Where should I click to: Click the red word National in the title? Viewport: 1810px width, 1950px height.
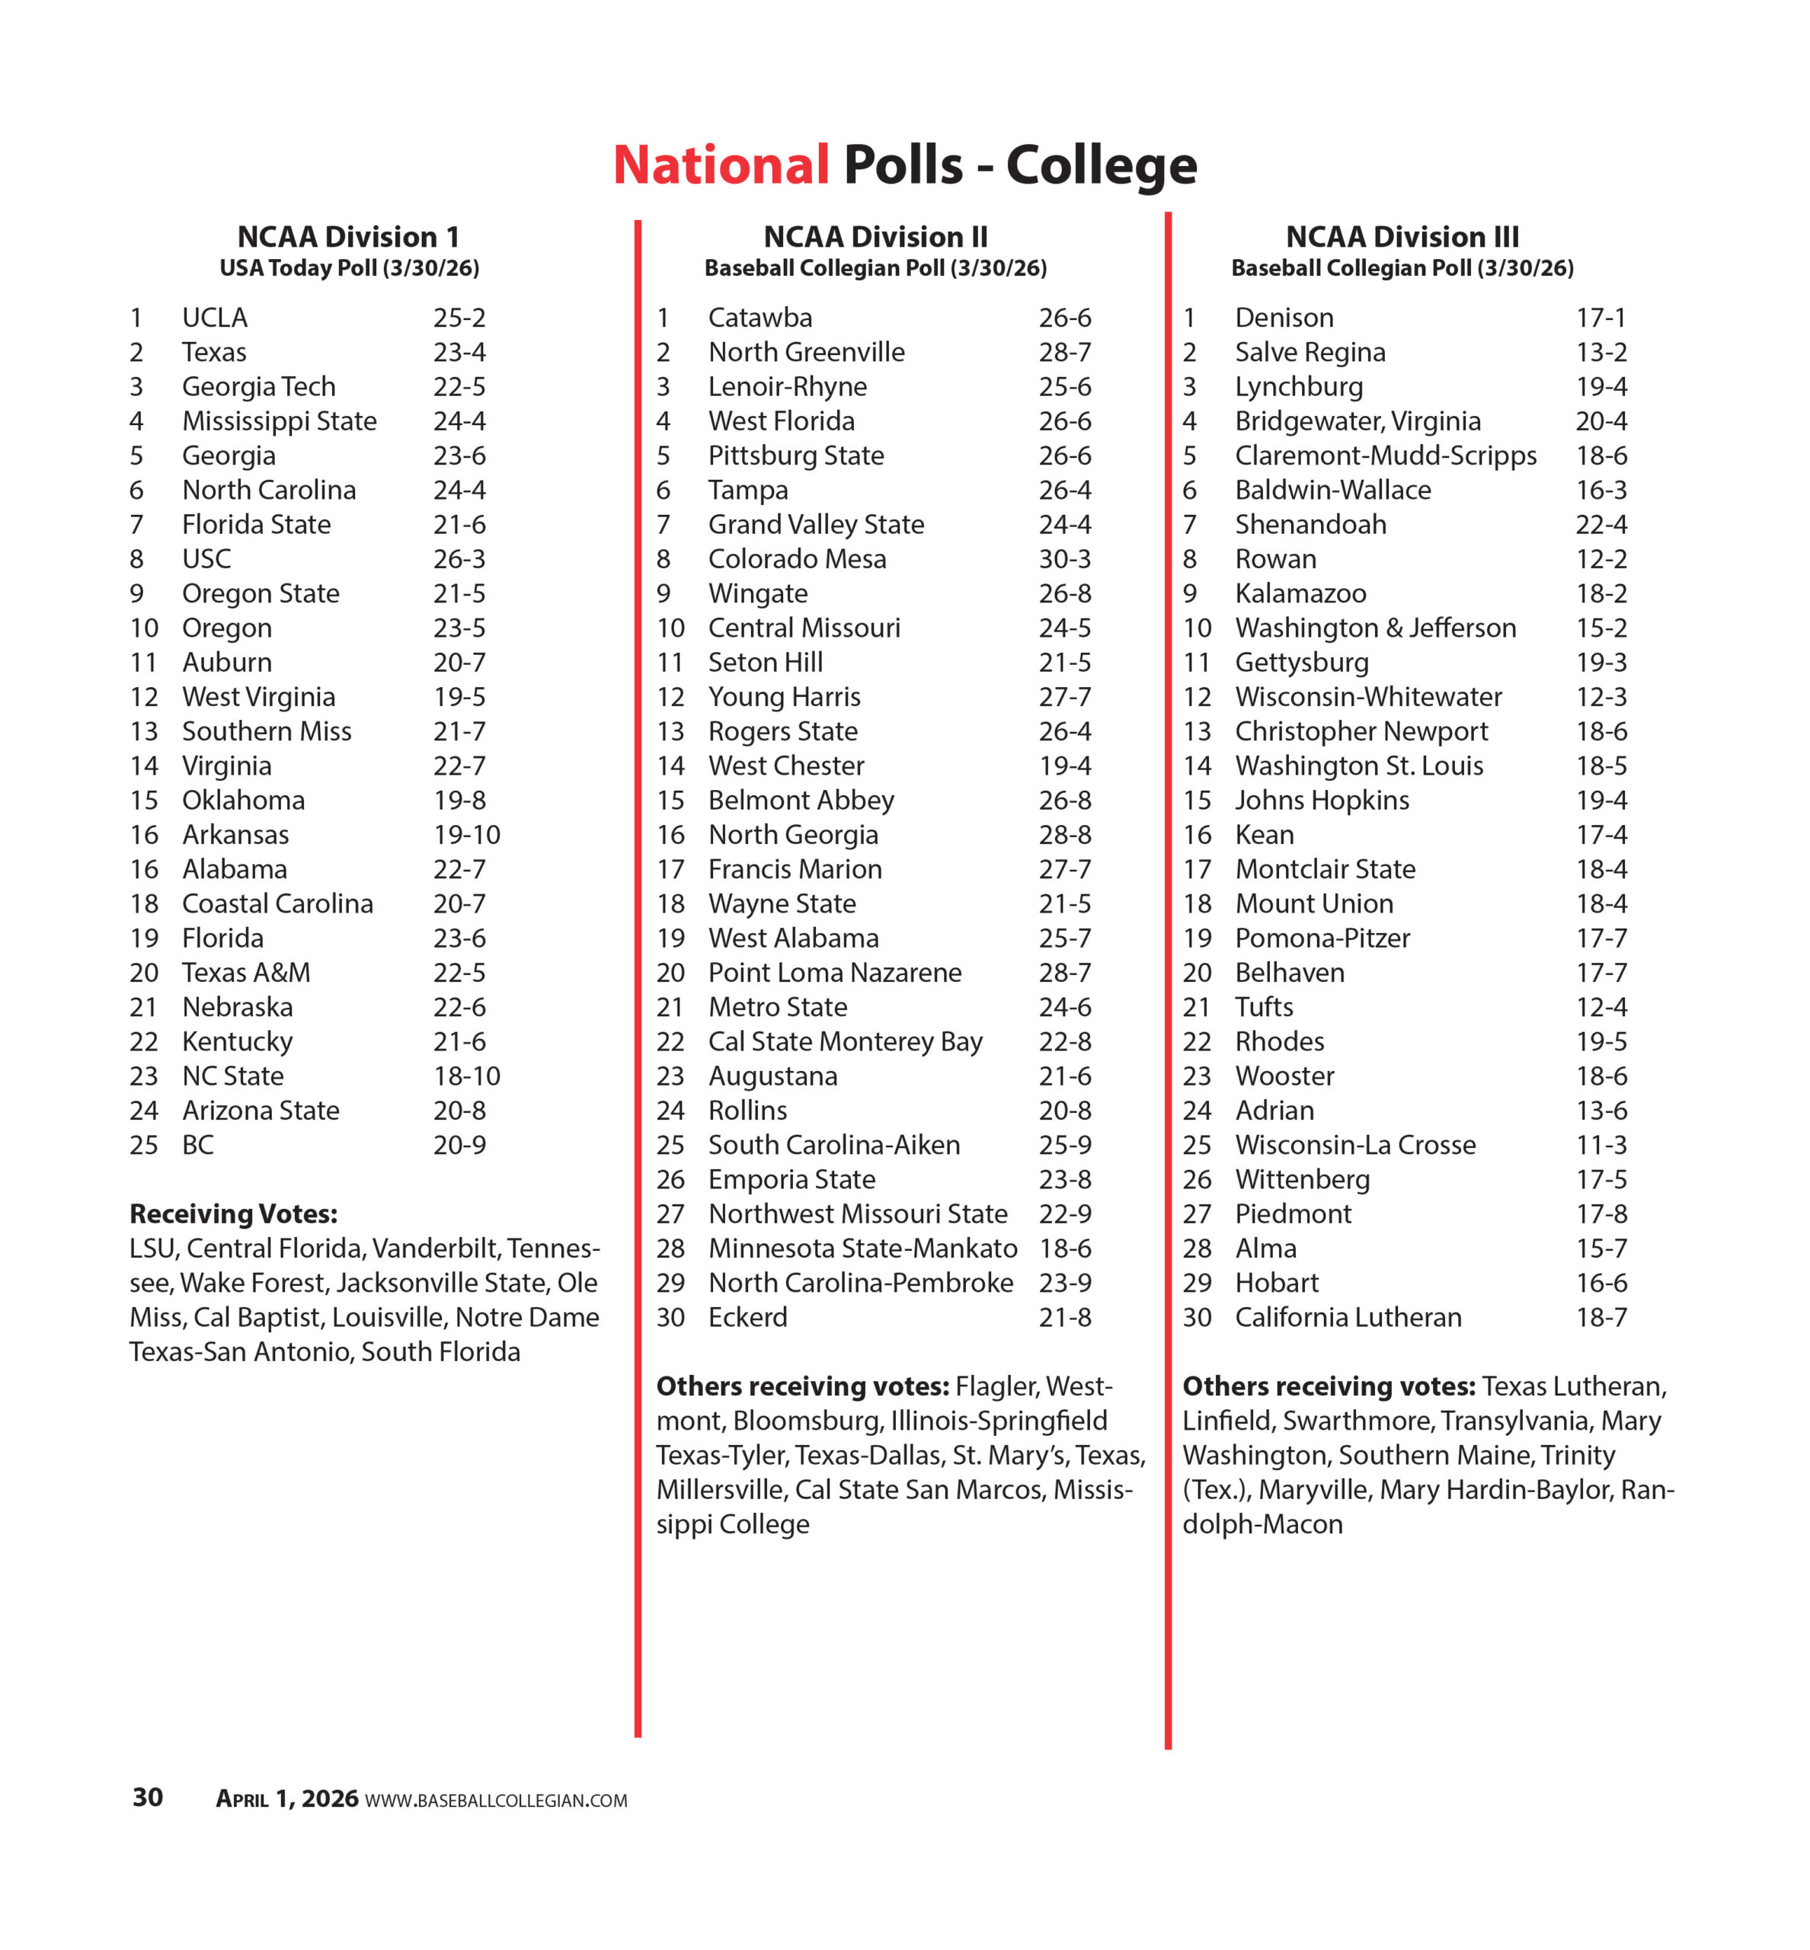click(x=721, y=165)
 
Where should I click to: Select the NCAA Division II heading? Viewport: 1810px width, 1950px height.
click(x=875, y=237)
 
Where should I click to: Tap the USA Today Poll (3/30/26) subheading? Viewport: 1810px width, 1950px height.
click(x=350, y=268)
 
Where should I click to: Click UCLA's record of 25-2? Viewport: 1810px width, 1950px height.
click(x=459, y=318)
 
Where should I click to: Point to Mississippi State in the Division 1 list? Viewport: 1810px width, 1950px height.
click(x=279, y=421)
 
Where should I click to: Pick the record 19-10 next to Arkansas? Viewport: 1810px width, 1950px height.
click(x=466, y=834)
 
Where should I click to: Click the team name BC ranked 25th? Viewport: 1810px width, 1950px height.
click(x=198, y=1145)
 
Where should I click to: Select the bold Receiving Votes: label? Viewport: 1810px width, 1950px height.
click(x=233, y=1214)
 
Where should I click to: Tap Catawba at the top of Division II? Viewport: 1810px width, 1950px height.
click(x=760, y=318)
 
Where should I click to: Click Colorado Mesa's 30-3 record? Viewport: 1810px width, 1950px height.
click(x=1065, y=559)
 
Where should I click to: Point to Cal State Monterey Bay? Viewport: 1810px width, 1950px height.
click(x=846, y=1042)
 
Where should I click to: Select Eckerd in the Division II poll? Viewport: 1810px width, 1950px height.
click(x=747, y=1317)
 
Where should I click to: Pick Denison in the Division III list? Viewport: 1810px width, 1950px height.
click(x=1284, y=318)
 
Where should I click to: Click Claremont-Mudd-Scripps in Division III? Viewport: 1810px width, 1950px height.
click(x=1385, y=456)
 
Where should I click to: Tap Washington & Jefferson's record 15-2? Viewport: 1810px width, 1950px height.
click(x=1601, y=628)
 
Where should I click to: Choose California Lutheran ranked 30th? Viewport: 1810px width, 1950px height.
click(x=1348, y=1317)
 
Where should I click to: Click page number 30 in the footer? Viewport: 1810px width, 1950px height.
click(x=148, y=1797)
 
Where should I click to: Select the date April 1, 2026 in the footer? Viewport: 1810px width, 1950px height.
click(x=287, y=1799)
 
